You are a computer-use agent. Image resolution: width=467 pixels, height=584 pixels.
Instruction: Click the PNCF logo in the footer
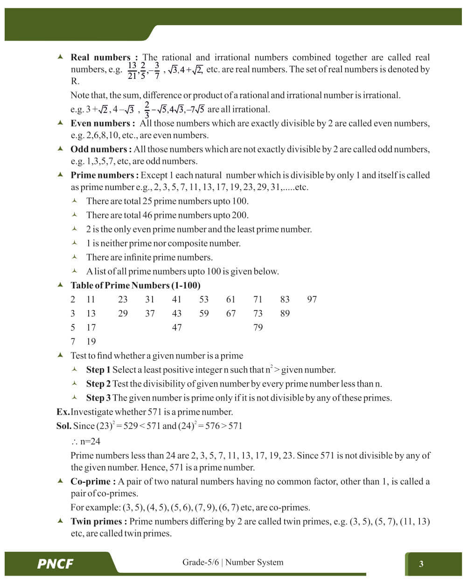(x=55, y=563)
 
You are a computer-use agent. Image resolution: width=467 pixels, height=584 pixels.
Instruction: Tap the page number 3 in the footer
(x=421, y=563)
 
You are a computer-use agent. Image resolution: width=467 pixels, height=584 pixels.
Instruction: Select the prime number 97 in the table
(x=312, y=299)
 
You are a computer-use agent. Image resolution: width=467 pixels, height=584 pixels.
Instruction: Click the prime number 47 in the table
(x=177, y=327)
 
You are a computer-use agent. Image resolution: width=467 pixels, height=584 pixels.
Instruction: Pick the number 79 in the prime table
(x=258, y=327)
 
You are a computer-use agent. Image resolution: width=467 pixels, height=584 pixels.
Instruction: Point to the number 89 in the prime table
(x=285, y=313)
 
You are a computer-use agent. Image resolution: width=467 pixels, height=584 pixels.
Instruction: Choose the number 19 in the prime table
(x=91, y=341)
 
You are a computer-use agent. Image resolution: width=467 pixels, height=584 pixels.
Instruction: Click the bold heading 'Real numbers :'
(x=104, y=57)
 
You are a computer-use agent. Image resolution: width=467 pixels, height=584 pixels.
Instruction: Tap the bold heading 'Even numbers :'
(x=103, y=123)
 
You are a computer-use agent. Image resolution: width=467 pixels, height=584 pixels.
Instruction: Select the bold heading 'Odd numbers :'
(x=101, y=149)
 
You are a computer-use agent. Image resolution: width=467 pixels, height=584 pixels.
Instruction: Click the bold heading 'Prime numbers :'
(x=105, y=175)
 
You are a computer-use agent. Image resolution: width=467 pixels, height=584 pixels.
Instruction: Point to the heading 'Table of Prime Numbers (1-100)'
(x=135, y=285)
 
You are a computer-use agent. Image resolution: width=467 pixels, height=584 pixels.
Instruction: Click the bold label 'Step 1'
(x=98, y=370)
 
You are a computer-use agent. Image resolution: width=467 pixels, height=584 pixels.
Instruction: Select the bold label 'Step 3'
(x=98, y=398)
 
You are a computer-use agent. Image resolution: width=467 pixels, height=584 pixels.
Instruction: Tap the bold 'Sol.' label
(x=64, y=426)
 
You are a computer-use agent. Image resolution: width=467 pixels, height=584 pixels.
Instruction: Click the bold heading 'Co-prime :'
(x=93, y=481)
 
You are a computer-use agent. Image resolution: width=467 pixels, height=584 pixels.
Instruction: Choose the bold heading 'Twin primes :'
(x=99, y=521)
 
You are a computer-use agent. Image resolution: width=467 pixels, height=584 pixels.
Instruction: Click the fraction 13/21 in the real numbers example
(x=132, y=70)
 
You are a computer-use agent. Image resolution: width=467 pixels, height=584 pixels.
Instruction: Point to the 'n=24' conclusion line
(x=86, y=442)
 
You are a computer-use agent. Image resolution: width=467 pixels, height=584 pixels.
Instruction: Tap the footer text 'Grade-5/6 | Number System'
(x=233, y=562)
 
